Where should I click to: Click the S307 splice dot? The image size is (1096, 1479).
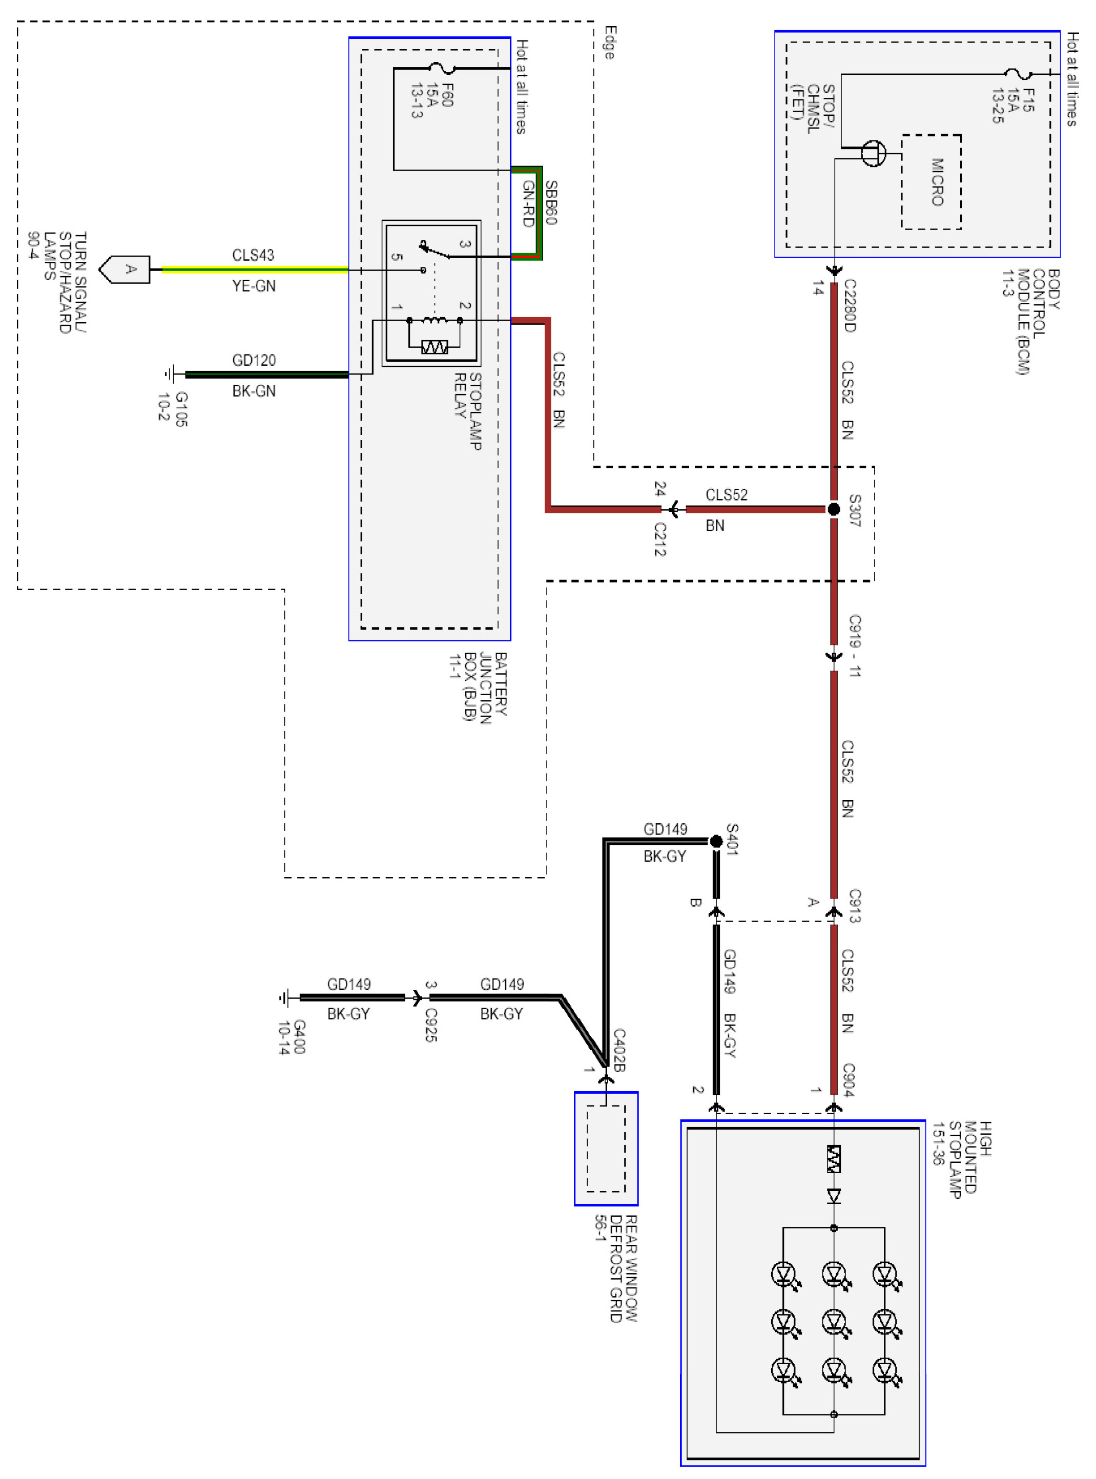pos(834,509)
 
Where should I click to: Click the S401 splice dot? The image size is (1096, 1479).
pos(716,842)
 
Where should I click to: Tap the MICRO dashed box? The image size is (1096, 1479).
pos(932,182)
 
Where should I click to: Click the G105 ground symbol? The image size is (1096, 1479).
pos(172,374)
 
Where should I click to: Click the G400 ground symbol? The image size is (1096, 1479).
pos(286,997)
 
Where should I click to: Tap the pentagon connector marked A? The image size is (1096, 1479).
pos(126,269)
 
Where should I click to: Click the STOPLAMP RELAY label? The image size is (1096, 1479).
pos(468,411)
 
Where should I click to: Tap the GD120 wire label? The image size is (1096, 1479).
pos(254,360)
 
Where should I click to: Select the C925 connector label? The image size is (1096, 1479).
pos(431,1025)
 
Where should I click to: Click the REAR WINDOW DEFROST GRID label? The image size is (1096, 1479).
pos(616,1268)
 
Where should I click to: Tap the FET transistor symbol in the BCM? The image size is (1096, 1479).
pos(873,153)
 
